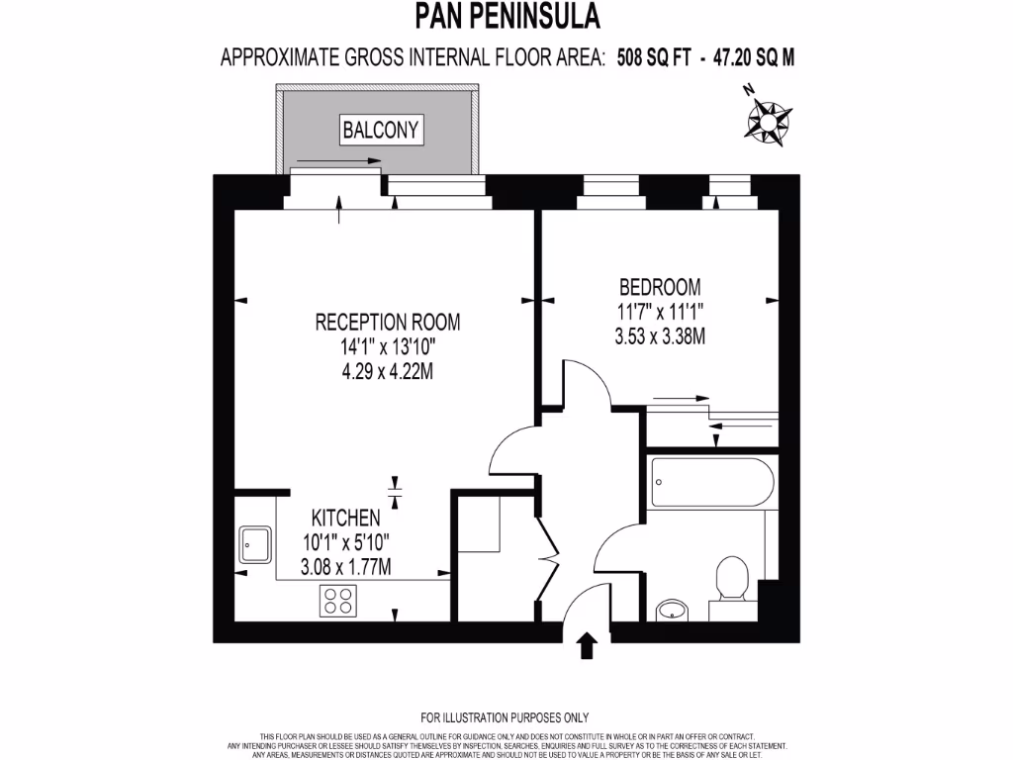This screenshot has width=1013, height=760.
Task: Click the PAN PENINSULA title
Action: [506, 17]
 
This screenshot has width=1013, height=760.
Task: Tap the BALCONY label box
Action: [382, 129]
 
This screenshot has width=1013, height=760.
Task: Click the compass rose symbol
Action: [767, 119]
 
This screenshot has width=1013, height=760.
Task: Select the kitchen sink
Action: [256, 544]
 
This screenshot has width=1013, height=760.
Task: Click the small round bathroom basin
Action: [672, 609]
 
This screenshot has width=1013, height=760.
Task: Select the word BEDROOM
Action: [660, 287]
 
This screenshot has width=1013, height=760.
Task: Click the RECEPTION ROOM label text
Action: [388, 322]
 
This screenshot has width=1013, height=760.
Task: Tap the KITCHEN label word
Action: [345, 518]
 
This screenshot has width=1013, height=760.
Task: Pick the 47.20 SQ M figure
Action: [747, 57]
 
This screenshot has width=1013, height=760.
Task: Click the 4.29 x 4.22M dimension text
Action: [388, 372]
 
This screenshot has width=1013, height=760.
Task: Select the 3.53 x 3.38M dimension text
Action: [660, 336]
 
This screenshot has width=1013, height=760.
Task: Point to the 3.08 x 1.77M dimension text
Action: [345, 567]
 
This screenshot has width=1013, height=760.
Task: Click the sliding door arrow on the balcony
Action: [336, 160]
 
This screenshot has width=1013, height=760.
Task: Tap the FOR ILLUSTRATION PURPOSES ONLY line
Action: [506, 717]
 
